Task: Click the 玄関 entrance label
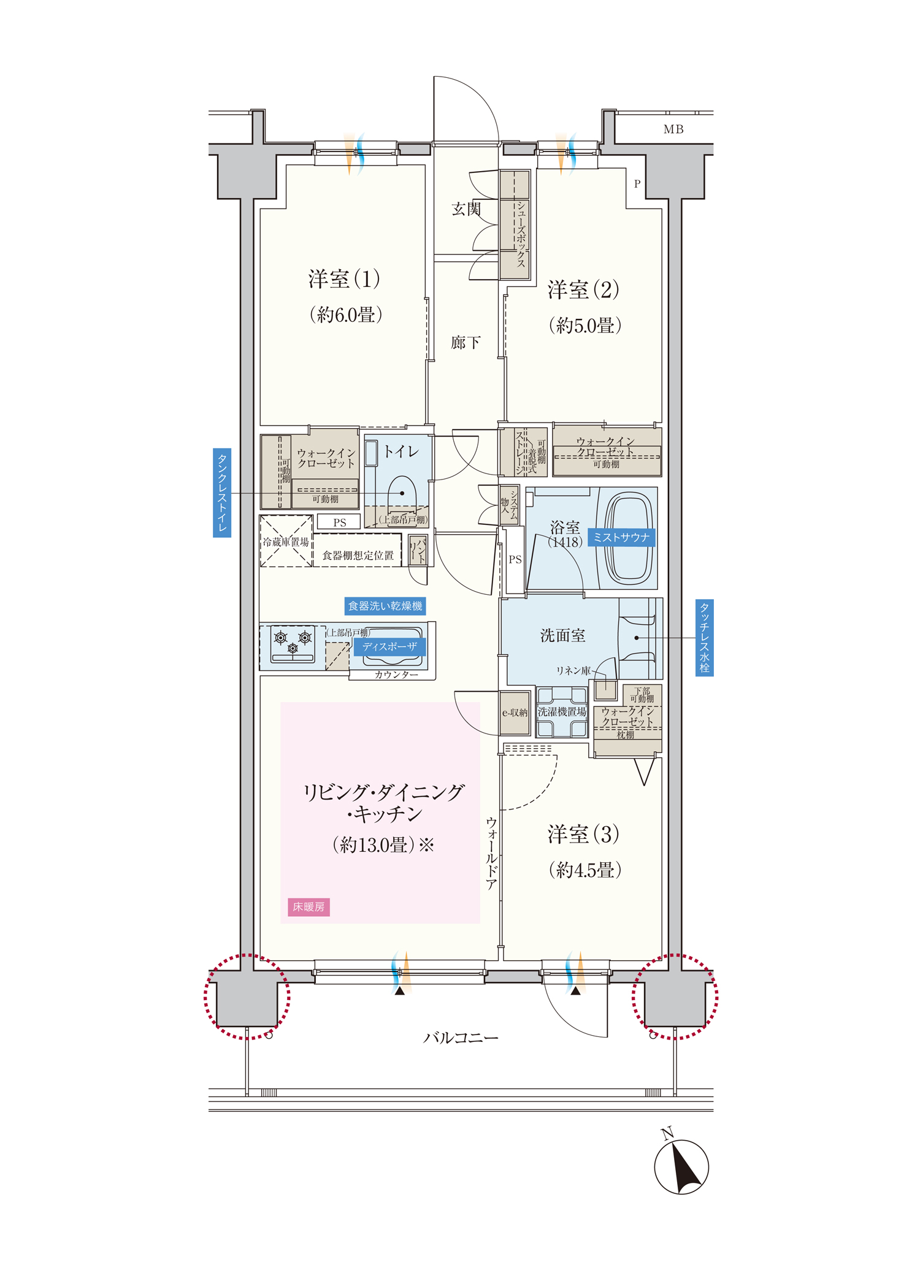point(466,209)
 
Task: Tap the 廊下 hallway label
point(466,342)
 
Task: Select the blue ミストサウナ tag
point(621,537)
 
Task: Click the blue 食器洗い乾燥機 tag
point(385,606)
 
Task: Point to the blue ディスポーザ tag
point(389,646)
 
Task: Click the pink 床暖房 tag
point(309,907)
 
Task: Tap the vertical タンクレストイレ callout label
point(222,493)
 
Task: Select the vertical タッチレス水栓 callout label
point(705,638)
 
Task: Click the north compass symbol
point(681,1166)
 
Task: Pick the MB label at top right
point(673,129)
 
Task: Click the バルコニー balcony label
point(461,1038)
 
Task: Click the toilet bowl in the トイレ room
point(402,492)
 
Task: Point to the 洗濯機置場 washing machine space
point(562,711)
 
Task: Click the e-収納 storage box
point(515,713)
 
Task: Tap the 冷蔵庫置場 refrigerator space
point(286,541)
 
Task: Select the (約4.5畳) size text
point(585,870)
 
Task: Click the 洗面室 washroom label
point(562,635)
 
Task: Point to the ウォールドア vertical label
point(491,853)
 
